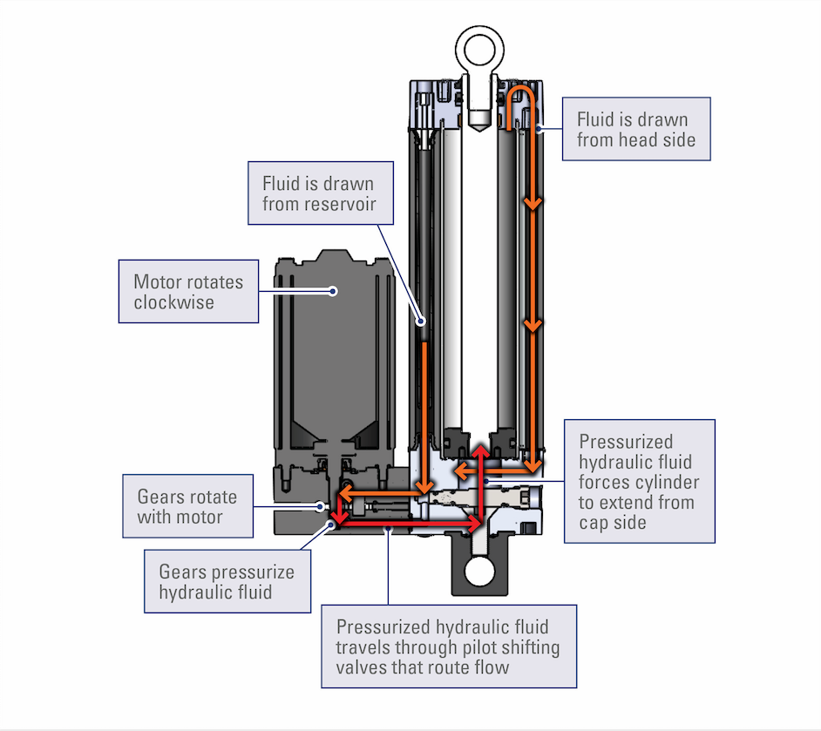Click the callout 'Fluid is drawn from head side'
point(636,129)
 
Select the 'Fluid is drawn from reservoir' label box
point(317,193)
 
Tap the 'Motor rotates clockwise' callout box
point(188,291)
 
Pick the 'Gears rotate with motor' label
point(187,506)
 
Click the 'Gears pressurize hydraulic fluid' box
point(227,582)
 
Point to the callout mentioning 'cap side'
point(639,481)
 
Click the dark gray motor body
point(331,349)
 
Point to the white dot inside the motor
point(332,290)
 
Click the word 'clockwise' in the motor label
point(173,302)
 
